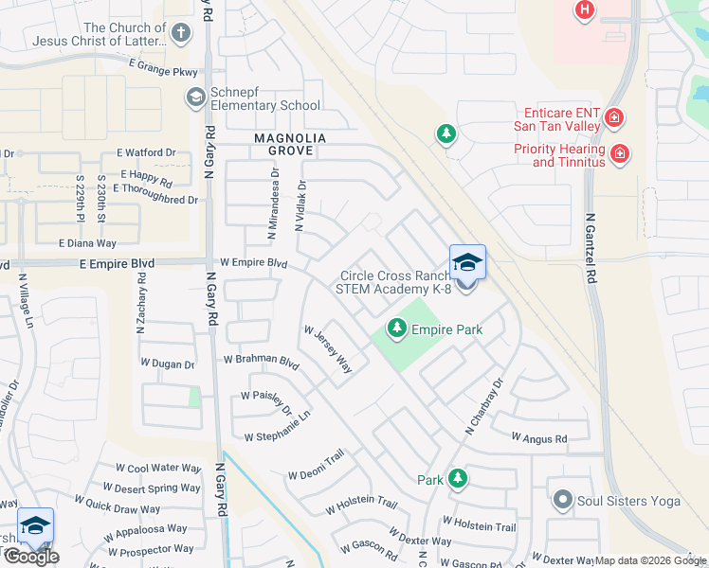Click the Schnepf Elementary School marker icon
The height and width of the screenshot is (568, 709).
(x=195, y=96)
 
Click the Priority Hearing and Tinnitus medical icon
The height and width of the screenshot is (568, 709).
(x=620, y=152)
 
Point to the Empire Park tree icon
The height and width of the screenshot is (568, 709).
(x=397, y=329)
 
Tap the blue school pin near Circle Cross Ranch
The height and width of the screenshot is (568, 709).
(x=467, y=262)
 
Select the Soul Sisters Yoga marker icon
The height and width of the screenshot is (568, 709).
(x=563, y=499)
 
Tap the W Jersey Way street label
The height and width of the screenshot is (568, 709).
(x=328, y=349)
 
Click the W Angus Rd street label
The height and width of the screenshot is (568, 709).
(x=538, y=438)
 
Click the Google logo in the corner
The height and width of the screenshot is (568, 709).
(x=30, y=557)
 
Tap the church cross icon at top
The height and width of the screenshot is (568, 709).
(x=181, y=34)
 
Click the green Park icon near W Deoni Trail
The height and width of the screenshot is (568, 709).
(x=458, y=479)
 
